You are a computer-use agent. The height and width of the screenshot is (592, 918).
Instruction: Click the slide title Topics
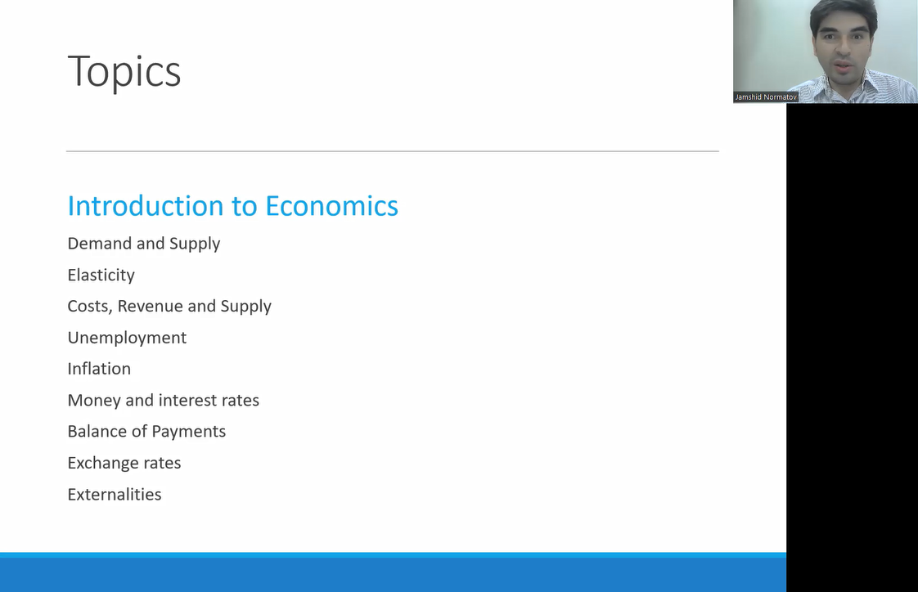pyautogui.click(x=124, y=72)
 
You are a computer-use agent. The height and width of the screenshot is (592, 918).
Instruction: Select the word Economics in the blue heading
pyautogui.click(x=331, y=206)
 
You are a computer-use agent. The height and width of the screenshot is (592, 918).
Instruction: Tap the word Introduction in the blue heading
pyautogui.click(x=146, y=206)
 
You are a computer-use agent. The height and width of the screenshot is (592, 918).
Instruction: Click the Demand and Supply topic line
pyautogui.click(x=143, y=244)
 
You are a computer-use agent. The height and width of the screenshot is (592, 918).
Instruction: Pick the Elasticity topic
pyautogui.click(x=101, y=276)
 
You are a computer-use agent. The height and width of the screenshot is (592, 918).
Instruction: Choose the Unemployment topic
pyautogui.click(x=127, y=339)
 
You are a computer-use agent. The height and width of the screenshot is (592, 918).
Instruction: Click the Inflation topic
pyautogui.click(x=99, y=369)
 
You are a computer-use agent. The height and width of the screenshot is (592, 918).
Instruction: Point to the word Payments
pyautogui.click(x=188, y=432)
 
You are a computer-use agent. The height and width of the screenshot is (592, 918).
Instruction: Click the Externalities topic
pyautogui.click(x=115, y=495)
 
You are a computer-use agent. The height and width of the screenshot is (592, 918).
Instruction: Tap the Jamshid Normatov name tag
pyautogui.click(x=766, y=97)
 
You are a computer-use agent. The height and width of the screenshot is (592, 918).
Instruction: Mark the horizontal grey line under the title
pyautogui.click(x=392, y=151)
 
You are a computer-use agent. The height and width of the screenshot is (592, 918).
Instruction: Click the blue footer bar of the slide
pyautogui.click(x=393, y=572)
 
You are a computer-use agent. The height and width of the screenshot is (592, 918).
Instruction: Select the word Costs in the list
pyautogui.click(x=89, y=307)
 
